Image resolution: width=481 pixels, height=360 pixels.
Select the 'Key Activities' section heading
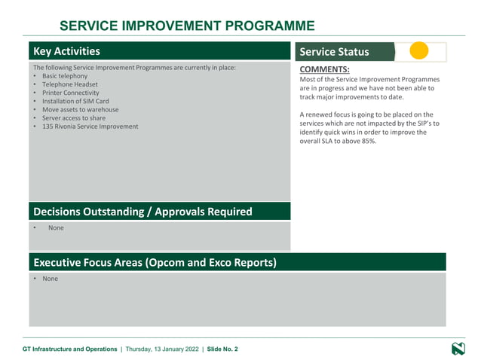click(66, 51)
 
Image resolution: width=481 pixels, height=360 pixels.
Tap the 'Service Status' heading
click(334, 52)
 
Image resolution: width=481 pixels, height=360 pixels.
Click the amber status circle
click(418, 51)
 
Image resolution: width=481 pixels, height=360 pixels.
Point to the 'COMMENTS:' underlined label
click(324, 69)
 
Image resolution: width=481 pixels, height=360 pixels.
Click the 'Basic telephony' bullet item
click(65, 76)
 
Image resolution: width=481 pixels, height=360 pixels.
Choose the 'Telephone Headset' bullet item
click(69, 84)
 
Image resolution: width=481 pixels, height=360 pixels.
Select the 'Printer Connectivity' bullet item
click(70, 93)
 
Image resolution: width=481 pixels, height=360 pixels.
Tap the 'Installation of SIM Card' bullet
click(75, 101)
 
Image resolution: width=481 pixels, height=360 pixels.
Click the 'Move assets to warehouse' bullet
click(80, 109)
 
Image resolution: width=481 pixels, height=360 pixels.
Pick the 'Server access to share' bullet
click(74, 117)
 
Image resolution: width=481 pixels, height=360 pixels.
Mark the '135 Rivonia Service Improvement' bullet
click(90, 126)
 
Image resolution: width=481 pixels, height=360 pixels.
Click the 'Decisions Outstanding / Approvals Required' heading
click(142, 212)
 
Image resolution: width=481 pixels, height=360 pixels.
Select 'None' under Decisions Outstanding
click(56, 227)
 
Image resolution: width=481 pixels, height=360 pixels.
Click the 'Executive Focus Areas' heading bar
click(155, 262)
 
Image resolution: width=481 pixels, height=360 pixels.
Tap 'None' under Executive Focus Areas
click(50, 279)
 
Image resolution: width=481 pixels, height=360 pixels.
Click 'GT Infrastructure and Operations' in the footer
click(69, 349)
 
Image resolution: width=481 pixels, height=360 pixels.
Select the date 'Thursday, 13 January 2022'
click(161, 349)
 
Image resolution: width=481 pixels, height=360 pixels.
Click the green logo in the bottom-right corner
click(458, 348)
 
